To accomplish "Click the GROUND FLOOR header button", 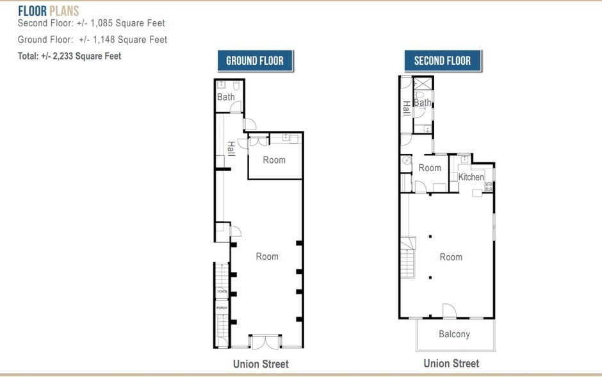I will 255,62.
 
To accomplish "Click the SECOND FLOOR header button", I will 442,62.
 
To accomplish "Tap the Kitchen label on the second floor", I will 471,177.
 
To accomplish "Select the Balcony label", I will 454,334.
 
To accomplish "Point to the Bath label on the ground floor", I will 225,97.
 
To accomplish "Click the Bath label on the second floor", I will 423,103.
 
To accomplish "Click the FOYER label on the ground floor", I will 222,292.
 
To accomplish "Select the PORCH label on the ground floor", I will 222,308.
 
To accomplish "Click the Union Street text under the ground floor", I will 261,364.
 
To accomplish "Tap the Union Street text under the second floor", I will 451,364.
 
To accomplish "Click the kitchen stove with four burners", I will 489,187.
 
